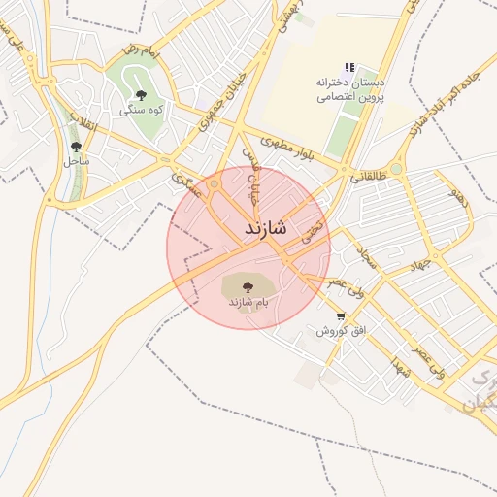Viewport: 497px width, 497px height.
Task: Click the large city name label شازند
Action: point(261,228)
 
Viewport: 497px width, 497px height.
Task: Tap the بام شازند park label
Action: point(248,304)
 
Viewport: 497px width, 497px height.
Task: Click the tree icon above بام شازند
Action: point(247,287)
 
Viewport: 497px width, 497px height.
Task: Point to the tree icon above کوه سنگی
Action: point(141,95)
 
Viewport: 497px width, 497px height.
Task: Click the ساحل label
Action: point(77,161)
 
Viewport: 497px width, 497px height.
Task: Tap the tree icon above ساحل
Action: point(76,147)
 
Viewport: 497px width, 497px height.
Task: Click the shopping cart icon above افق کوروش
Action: point(340,316)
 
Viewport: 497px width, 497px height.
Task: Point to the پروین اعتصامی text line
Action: point(350,97)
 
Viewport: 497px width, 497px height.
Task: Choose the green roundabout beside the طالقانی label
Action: point(396,169)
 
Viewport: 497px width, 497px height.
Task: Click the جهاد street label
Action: point(416,264)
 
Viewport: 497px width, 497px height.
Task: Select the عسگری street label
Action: point(183,183)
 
